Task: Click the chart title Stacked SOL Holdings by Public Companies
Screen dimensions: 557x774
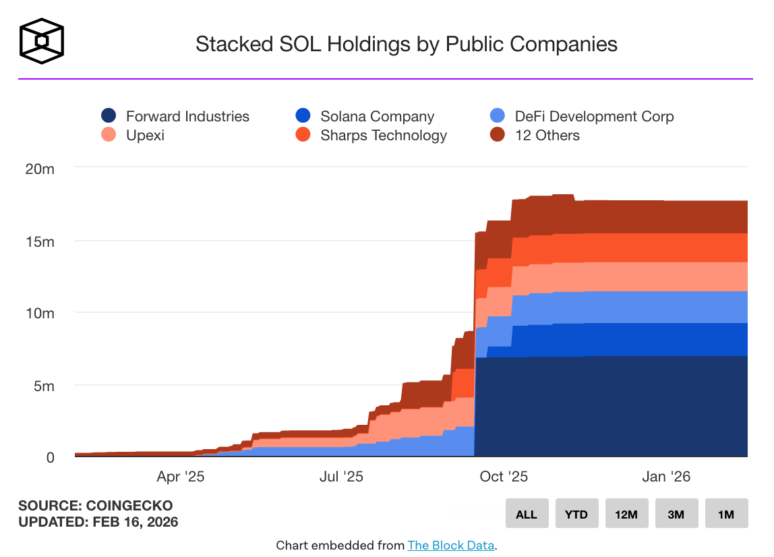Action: point(406,45)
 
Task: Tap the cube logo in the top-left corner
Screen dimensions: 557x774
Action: point(42,41)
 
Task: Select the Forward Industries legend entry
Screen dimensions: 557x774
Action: point(175,117)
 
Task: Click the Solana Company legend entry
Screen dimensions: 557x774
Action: point(365,117)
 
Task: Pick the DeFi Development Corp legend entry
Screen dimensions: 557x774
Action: point(582,117)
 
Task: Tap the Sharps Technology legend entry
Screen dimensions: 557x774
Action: point(371,136)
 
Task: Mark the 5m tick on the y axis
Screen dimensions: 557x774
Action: point(44,386)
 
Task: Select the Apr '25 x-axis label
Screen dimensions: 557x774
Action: point(180,477)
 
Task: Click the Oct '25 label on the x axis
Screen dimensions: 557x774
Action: point(504,477)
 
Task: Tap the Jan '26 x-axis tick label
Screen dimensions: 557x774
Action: point(666,477)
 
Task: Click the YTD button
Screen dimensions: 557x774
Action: point(576,514)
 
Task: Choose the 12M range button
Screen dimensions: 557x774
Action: point(626,514)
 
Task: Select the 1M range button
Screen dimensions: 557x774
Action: point(725,514)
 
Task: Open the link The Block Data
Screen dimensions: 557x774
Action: point(450,546)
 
